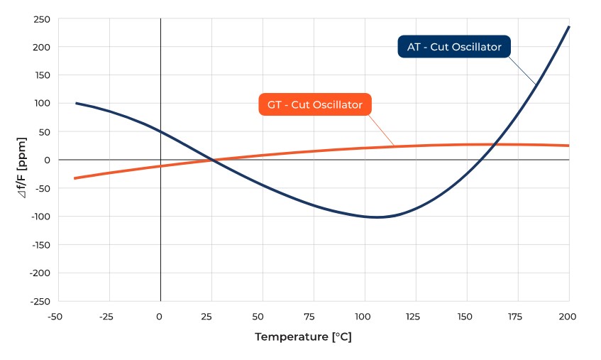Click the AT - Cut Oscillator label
pos(454,47)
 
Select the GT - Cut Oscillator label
pos(315,104)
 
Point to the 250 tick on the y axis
pos(42,19)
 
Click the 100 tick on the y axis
pos(42,104)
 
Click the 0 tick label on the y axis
pos(47,160)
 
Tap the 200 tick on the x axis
pos(568,315)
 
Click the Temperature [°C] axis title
pos(303,337)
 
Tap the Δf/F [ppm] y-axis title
pos(23,160)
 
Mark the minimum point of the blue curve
pos(377,217)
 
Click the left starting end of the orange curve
pos(75,178)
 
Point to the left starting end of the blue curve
pos(76,103)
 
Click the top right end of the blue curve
pos(568,27)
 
